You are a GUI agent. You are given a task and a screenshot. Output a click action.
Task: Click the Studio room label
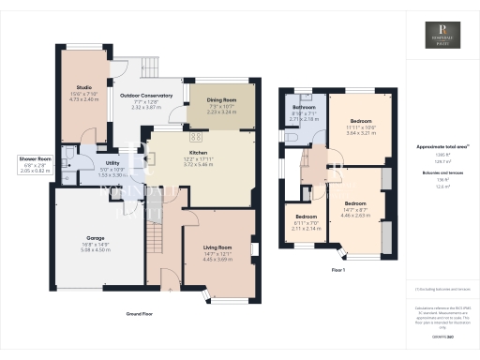[85, 89]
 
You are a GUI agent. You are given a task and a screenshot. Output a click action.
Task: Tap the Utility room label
[112, 163]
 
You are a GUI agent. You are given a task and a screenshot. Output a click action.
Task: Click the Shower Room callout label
[35, 160]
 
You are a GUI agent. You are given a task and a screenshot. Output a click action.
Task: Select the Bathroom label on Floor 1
[304, 107]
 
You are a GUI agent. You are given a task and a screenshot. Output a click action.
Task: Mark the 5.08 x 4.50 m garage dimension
[97, 249]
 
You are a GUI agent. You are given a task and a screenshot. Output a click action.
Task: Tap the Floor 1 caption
[337, 270]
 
